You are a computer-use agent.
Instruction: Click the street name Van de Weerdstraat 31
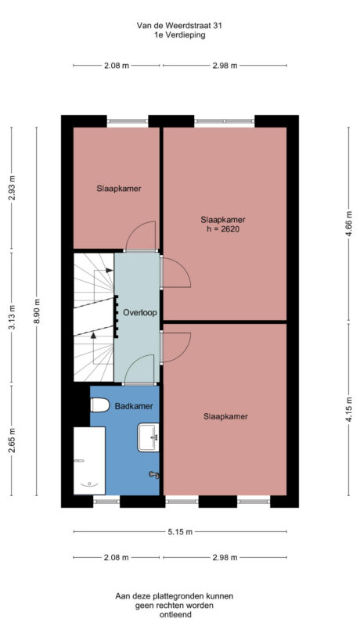179,25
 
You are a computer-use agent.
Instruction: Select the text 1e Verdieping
179,35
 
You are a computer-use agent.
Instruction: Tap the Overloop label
140,313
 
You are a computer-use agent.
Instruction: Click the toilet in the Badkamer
99,405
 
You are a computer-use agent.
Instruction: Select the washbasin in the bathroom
147,437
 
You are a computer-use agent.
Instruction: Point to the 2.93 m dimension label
11,189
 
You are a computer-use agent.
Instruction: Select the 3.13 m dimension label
11,317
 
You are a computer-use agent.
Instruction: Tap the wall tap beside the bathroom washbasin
153,474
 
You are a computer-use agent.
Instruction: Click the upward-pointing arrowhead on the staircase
94,334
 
